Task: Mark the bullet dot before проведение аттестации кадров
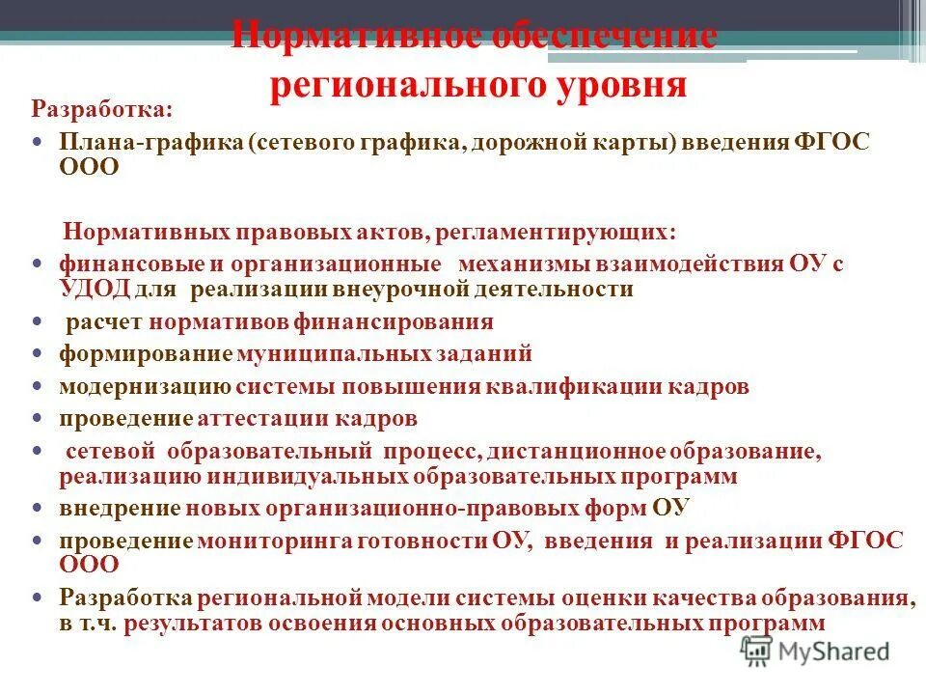[x=37, y=420]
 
